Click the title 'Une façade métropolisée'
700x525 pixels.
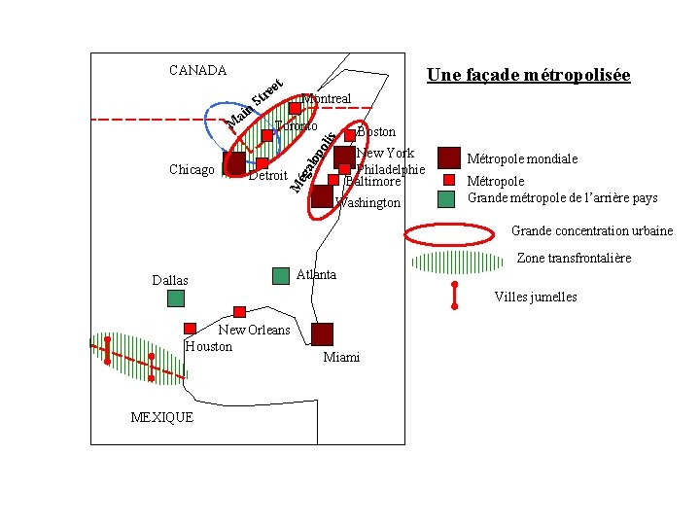coord(529,76)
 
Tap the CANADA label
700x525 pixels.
coord(197,70)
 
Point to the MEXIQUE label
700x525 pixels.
coord(161,417)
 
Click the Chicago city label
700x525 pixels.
coord(192,170)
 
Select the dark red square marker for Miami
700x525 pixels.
coord(322,333)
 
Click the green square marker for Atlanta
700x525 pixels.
coord(281,275)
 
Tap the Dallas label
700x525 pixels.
coord(170,281)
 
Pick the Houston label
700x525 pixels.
coord(209,346)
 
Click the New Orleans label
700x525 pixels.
coord(254,330)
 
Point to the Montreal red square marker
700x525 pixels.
coord(295,108)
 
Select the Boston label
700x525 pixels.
coord(377,131)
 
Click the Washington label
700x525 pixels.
coord(367,203)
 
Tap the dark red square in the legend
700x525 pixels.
coord(448,157)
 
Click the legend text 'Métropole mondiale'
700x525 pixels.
coord(523,158)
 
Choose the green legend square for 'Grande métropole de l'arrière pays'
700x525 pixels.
coord(445,198)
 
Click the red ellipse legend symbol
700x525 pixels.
coord(449,235)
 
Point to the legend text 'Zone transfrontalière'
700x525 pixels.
coord(574,259)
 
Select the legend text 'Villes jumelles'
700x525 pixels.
coord(536,297)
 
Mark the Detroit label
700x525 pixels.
coord(268,176)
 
